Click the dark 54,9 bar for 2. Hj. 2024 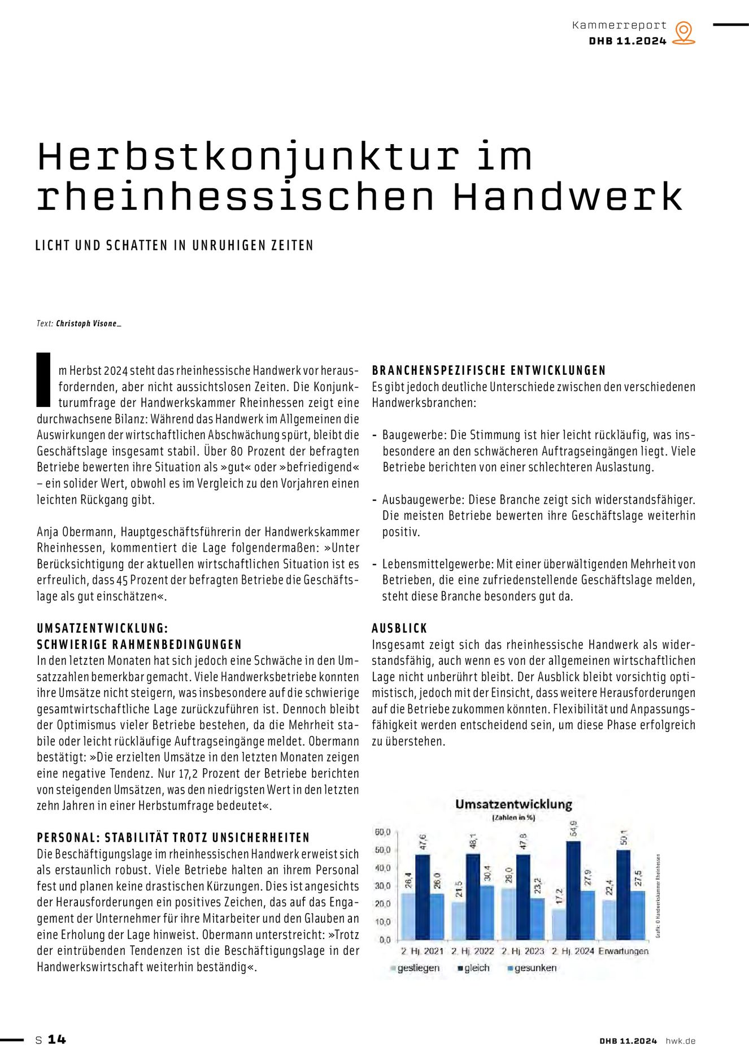coord(573,890)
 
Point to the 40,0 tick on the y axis coord(382,868)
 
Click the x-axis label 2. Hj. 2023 coord(522,951)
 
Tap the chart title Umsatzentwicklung coord(513,804)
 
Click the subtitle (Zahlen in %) coord(513,818)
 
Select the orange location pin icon coord(684,33)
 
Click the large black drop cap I coord(43,379)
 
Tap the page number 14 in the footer coord(56,1039)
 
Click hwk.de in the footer coord(681,1041)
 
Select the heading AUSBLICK coord(399,628)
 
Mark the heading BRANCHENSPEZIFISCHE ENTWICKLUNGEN coord(489,371)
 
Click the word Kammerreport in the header coord(619,25)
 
